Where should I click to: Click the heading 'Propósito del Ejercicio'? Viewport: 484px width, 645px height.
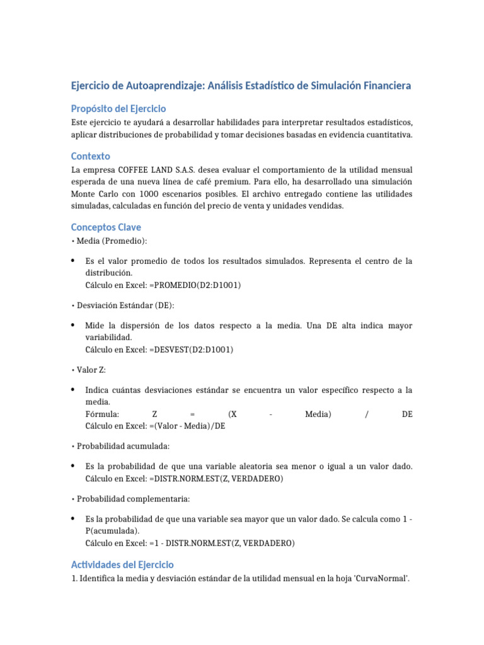[118, 108]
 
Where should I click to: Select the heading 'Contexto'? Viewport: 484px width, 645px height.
[90, 156]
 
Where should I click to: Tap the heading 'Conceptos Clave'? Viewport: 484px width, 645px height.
[106, 227]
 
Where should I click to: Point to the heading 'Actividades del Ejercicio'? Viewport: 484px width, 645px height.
[122, 564]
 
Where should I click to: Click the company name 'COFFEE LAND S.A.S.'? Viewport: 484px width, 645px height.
[156, 170]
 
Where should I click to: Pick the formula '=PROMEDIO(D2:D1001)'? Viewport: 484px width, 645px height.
[195, 285]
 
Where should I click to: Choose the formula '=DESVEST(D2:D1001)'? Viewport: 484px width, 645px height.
[192, 350]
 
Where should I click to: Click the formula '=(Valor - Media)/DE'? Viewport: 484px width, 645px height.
[187, 426]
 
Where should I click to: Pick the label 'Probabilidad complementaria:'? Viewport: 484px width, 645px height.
[132, 499]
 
